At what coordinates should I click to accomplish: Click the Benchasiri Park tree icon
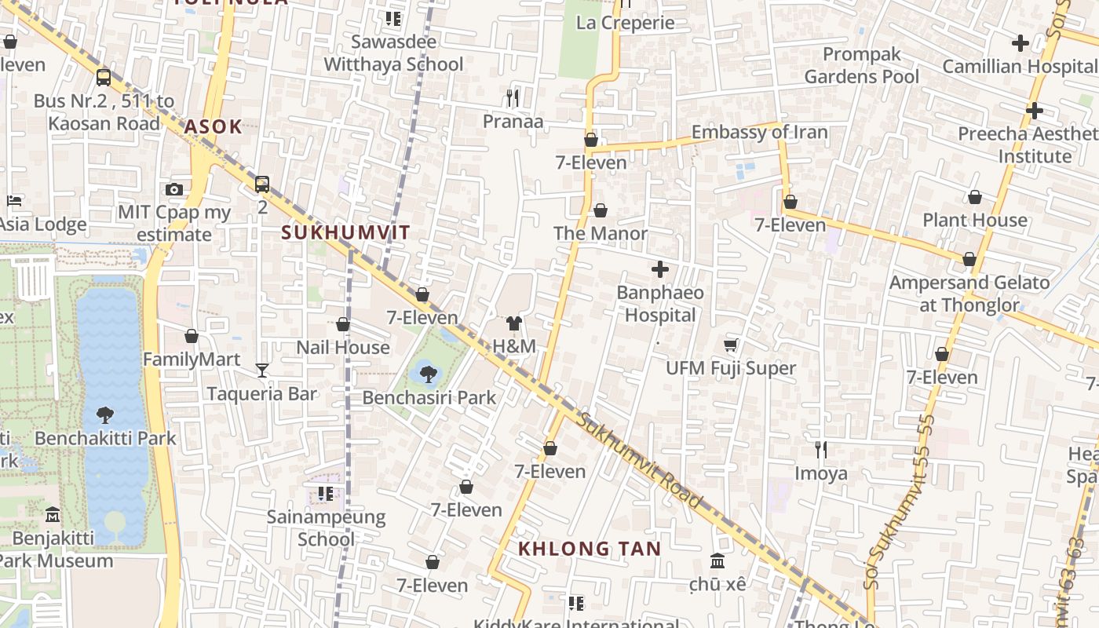click(428, 373)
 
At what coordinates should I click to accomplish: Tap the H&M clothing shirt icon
click(514, 323)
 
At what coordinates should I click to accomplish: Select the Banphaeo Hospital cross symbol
click(660, 269)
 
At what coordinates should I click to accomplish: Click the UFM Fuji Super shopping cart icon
click(731, 345)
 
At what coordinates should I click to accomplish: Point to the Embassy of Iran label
click(759, 132)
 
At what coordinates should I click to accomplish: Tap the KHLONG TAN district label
click(590, 548)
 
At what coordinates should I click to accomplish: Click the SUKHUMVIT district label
click(345, 232)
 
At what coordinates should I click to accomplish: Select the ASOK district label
click(213, 127)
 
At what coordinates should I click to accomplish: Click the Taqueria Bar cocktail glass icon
click(262, 370)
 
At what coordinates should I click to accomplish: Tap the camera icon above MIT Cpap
click(174, 189)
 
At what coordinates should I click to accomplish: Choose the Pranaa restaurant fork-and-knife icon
click(513, 97)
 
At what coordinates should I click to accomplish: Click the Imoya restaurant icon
click(821, 450)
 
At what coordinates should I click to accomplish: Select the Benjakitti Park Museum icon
click(53, 515)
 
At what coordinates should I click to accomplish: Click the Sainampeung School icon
click(326, 494)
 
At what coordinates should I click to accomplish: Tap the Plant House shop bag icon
click(975, 197)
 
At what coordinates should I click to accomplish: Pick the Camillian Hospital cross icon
click(1020, 43)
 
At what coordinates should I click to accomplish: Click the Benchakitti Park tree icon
click(105, 414)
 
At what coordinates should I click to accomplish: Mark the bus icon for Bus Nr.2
click(104, 77)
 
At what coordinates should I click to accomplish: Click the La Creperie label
click(625, 22)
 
